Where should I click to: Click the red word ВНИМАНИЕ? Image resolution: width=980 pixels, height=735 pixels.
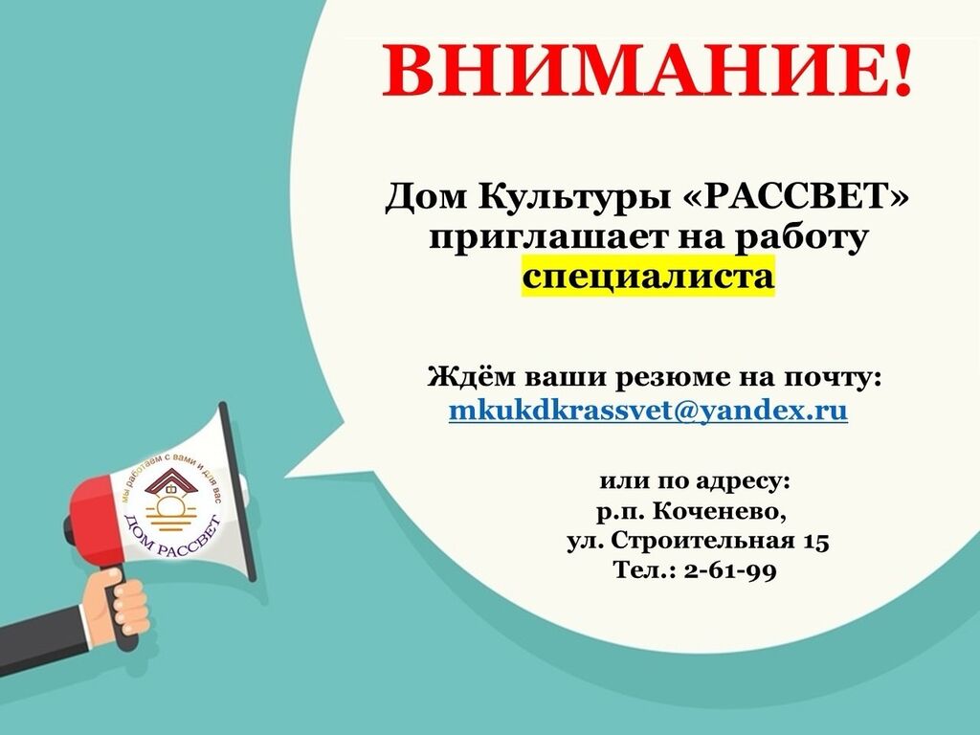coord(647,70)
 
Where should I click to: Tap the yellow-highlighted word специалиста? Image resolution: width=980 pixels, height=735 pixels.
coord(648,276)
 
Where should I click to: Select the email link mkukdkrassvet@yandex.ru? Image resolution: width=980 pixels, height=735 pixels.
coord(648,411)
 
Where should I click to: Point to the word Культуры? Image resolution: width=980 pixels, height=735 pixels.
coord(571,197)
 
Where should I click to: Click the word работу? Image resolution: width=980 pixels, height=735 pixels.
coord(802,238)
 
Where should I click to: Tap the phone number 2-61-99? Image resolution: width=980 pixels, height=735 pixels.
coord(730,570)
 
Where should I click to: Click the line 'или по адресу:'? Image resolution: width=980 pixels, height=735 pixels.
coord(695,482)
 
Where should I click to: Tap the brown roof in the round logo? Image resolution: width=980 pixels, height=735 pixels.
coord(170,481)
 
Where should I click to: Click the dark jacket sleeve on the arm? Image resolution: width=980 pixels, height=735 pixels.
coord(44,640)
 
